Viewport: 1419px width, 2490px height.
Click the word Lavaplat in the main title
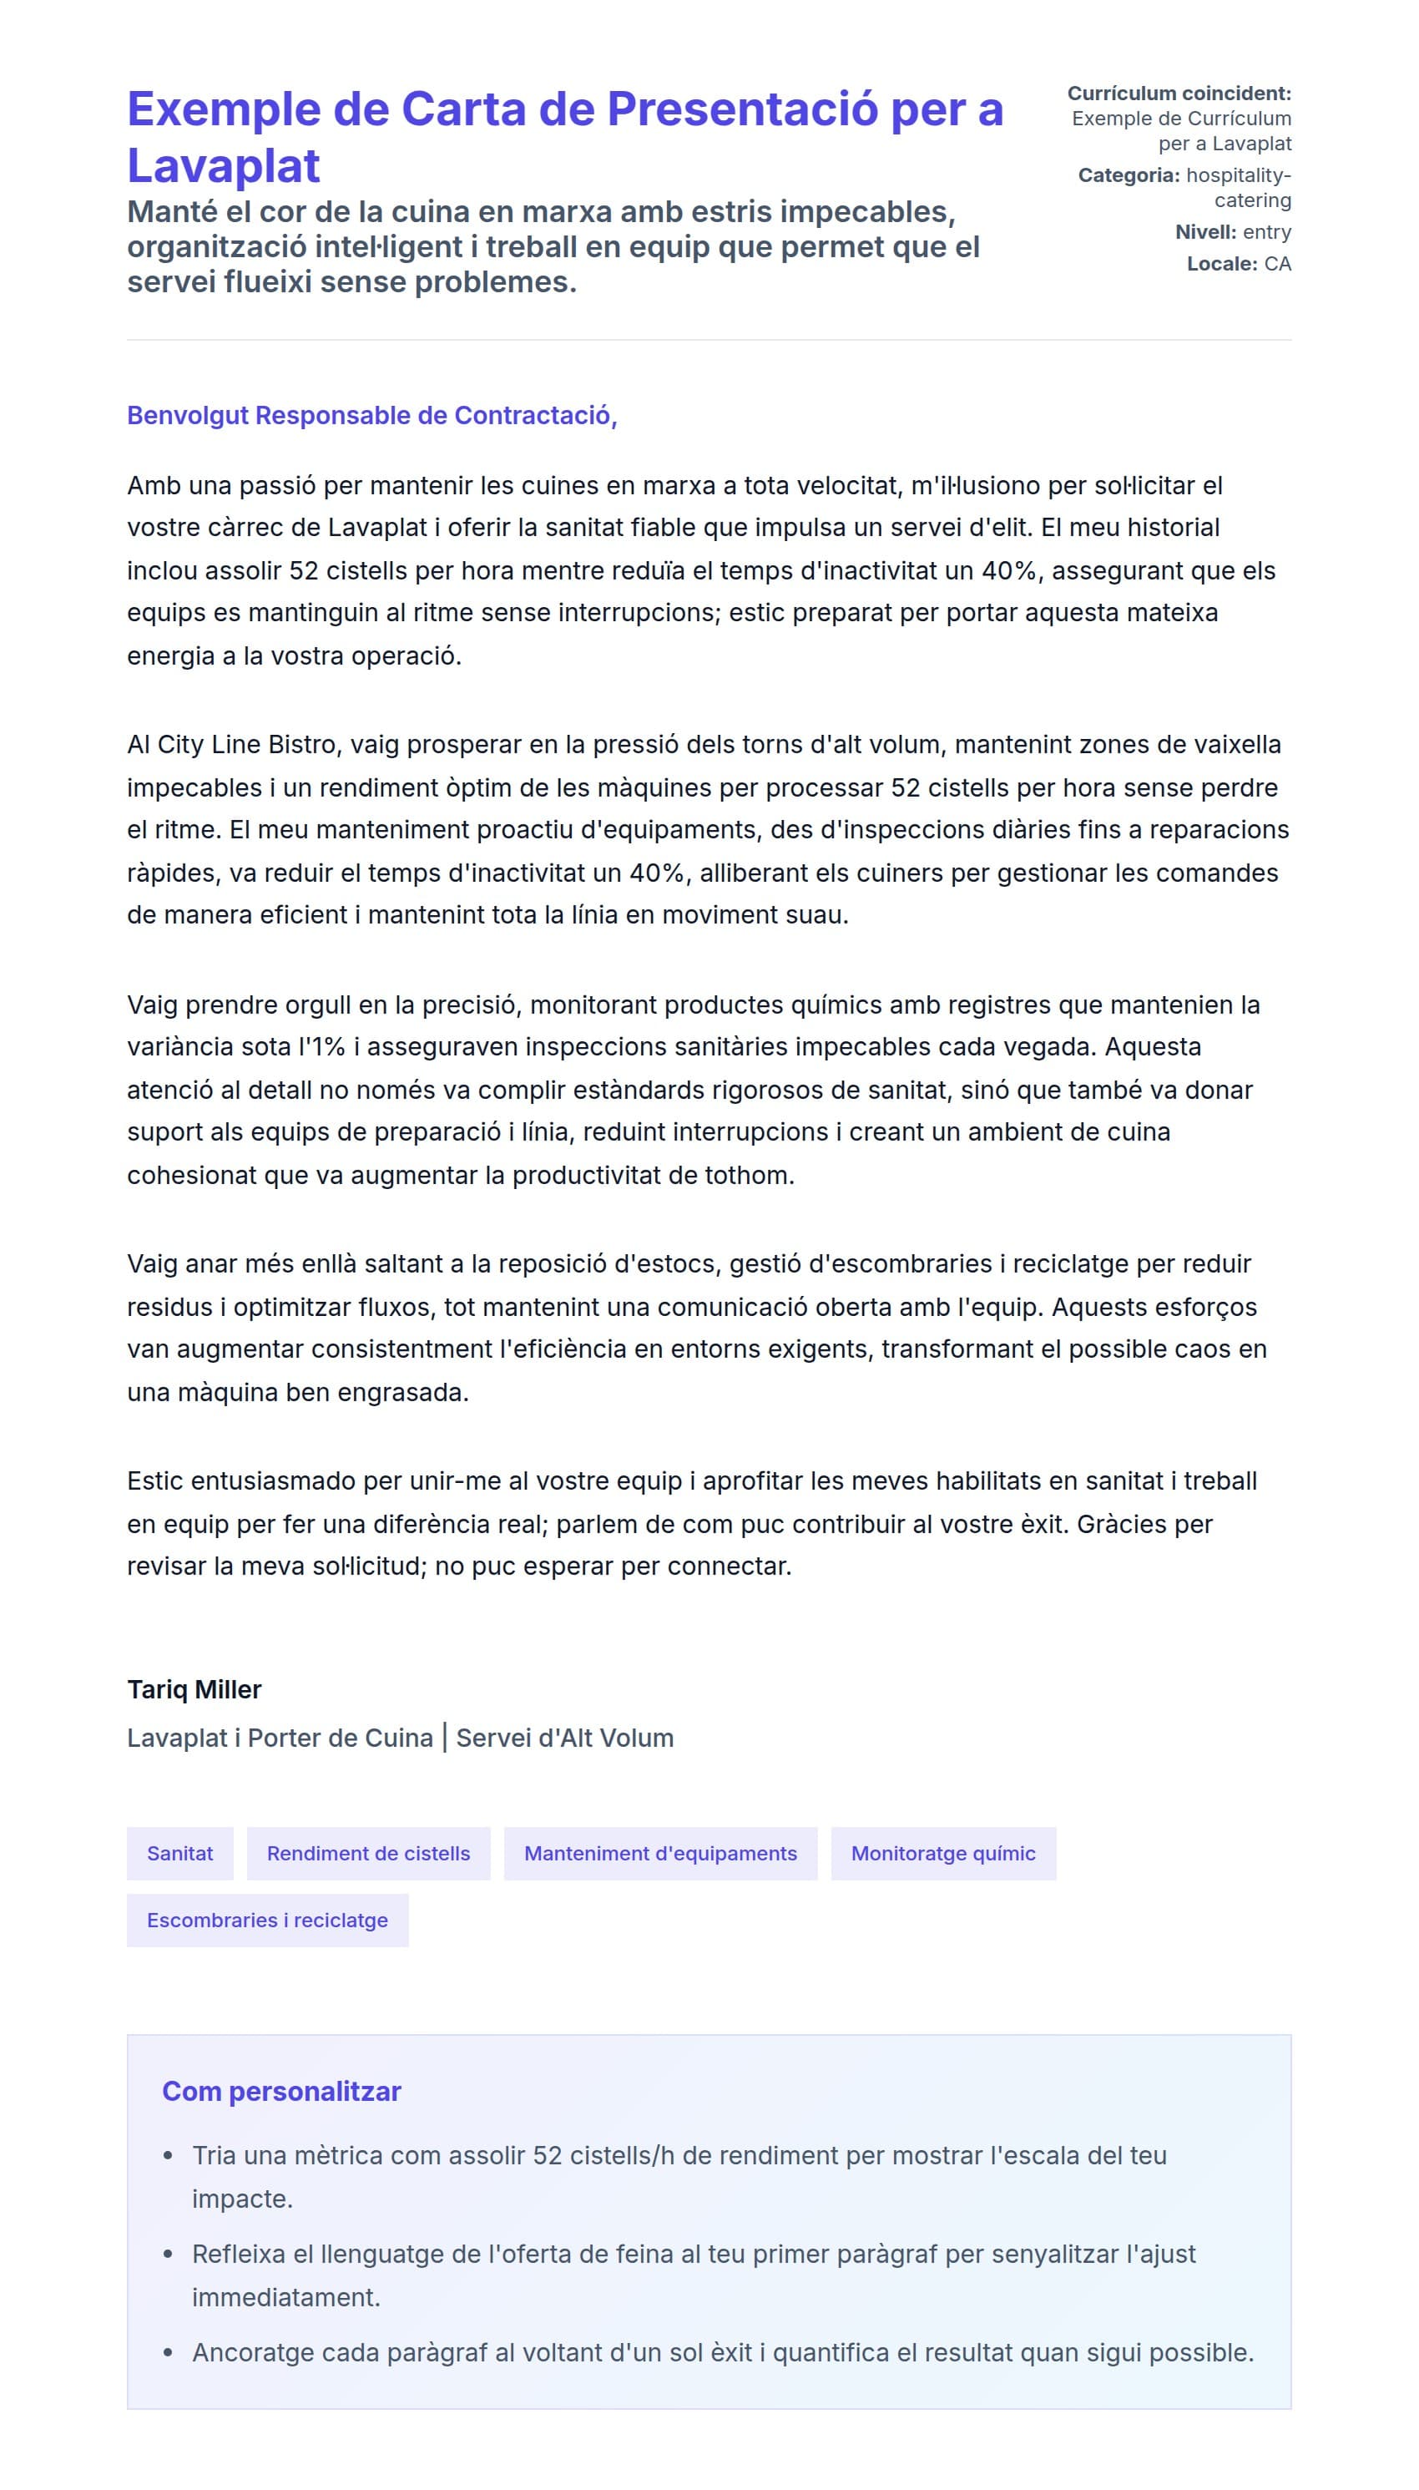pyautogui.click(x=223, y=165)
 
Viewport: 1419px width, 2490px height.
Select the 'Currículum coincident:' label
pyautogui.click(x=1179, y=94)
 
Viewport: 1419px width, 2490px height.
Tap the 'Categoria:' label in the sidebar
pyautogui.click(x=1128, y=175)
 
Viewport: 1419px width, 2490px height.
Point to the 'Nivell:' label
pyautogui.click(x=1204, y=232)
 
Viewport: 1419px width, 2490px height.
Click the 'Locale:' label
pyautogui.click(x=1221, y=264)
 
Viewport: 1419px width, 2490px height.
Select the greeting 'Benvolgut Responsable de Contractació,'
pyautogui.click(x=371, y=415)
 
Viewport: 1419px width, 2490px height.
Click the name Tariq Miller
pyautogui.click(x=194, y=1689)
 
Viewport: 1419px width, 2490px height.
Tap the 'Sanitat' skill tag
pyautogui.click(x=180, y=1854)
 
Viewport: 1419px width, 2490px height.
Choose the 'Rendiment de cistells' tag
pyautogui.click(x=368, y=1854)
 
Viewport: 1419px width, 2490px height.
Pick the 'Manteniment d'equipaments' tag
pyautogui.click(x=659, y=1854)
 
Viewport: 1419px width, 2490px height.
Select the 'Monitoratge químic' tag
pyautogui.click(x=942, y=1854)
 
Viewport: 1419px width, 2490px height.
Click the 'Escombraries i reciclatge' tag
pyautogui.click(x=267, y=1920)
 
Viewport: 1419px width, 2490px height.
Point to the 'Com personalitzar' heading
pyautogui.click(x=281, y=2091)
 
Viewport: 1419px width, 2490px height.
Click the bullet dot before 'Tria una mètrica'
pyautogui.click(x=169, y=2156)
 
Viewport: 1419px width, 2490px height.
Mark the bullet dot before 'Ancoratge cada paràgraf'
pyautogui.click(x=169, y=2352)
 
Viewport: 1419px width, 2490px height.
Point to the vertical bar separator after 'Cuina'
pyautogui.click(x=444, y=1738)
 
